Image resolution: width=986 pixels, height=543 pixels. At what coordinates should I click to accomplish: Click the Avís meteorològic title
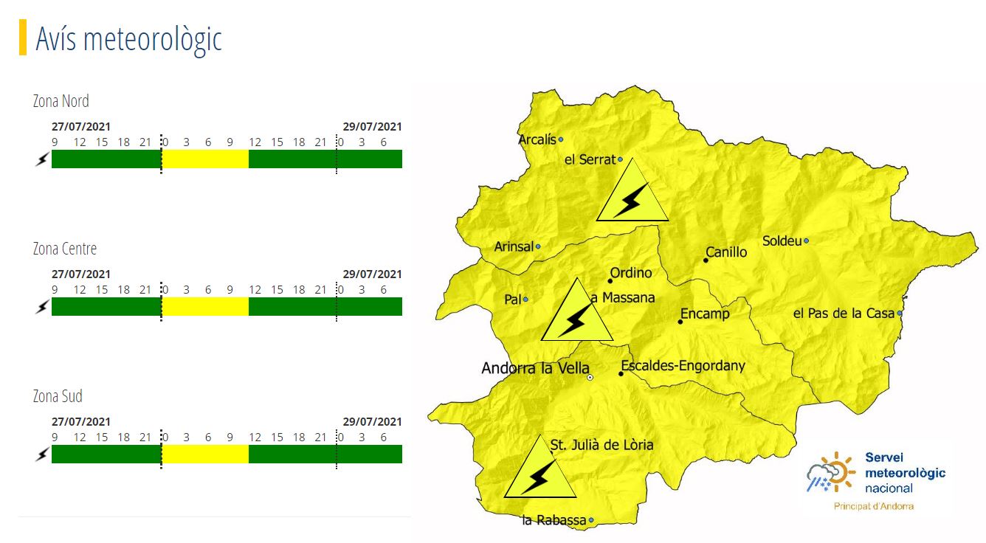pos(128,38)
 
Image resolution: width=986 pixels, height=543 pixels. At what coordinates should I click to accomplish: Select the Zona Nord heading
pos(61,101)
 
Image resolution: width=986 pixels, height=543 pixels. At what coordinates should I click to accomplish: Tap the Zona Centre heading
pos(65,249)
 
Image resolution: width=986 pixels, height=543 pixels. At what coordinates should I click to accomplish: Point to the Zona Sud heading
pos(58,396)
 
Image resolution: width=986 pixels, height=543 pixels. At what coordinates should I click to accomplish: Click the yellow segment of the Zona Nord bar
pos(205,159)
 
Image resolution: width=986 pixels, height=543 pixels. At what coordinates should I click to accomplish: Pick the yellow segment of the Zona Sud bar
pos(205,454)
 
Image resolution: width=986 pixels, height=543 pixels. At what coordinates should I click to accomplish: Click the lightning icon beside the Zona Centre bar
pos(41,307)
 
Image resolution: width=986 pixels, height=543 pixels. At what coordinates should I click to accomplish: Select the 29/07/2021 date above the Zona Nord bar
pos(372,127)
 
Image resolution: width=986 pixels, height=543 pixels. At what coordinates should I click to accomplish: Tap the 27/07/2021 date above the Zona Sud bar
pos(81,422)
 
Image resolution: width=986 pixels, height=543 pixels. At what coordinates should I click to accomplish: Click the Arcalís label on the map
pos(537,139)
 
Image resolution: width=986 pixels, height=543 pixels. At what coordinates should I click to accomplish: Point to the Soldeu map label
pos(782,241)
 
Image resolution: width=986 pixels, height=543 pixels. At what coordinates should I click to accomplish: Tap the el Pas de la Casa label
pos(844,314)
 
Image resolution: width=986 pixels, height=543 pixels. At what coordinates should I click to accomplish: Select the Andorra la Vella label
pos(535,368)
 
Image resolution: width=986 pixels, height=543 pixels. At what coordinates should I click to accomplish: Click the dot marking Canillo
pos(706,260)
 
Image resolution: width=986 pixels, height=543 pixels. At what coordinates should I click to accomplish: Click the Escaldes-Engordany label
pos(683,366)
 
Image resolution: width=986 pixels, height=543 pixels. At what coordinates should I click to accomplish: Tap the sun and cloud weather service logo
pos(830,473)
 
